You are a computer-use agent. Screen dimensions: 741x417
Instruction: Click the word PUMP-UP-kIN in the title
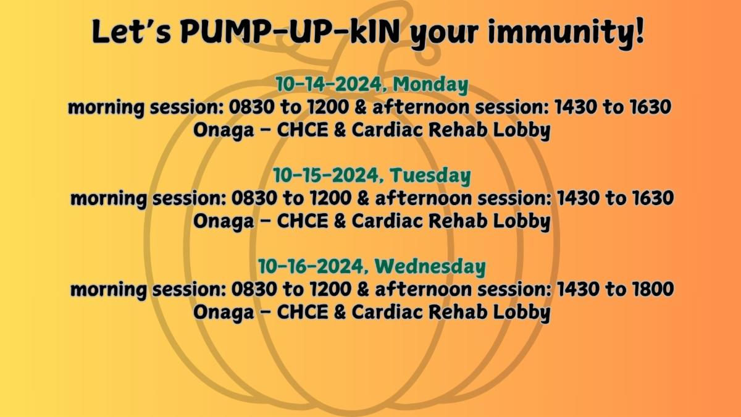[x=290, y=32]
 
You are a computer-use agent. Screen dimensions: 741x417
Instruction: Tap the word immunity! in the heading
[x=566, y=33]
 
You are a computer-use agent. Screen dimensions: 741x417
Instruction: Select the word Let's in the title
[x=131, y=32]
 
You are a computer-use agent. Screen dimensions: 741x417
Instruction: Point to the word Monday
[x=431, y=85]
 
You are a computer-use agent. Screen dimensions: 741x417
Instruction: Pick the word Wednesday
[x=430, y=266]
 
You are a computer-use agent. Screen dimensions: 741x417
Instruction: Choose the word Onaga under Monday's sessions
[x=224, y=131]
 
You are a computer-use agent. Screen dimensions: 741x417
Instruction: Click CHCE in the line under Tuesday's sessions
[x=303, y=221]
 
